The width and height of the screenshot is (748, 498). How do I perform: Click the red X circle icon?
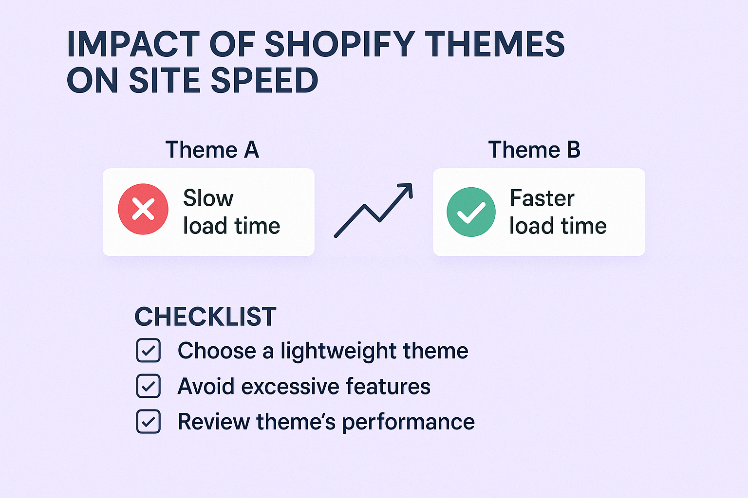[x=143, y=209]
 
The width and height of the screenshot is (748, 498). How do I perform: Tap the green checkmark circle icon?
[x=471, y=212]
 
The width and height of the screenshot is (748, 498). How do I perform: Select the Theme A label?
[x=212, y=150]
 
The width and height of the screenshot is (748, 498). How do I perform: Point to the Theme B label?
[x=534, y=150]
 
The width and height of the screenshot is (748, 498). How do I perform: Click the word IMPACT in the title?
[x=133, y=44]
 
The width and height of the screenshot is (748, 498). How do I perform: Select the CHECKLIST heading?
[x=205, y=317]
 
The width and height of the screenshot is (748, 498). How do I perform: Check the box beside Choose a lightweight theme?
[x=149, y=351]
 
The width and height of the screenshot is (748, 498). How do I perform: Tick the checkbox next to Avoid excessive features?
[x=149, y=386]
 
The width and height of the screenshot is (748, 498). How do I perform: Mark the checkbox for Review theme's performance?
[x=149, y=422]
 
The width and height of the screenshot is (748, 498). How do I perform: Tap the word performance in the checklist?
[x=408, y=423]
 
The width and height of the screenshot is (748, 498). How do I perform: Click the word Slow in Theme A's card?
[x=208, y=198]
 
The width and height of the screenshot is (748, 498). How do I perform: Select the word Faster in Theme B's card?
[x=542, y=198]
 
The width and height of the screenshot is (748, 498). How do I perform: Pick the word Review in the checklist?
[x=214, y=422]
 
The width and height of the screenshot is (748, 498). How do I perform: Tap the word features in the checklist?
[x=388, y=387]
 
